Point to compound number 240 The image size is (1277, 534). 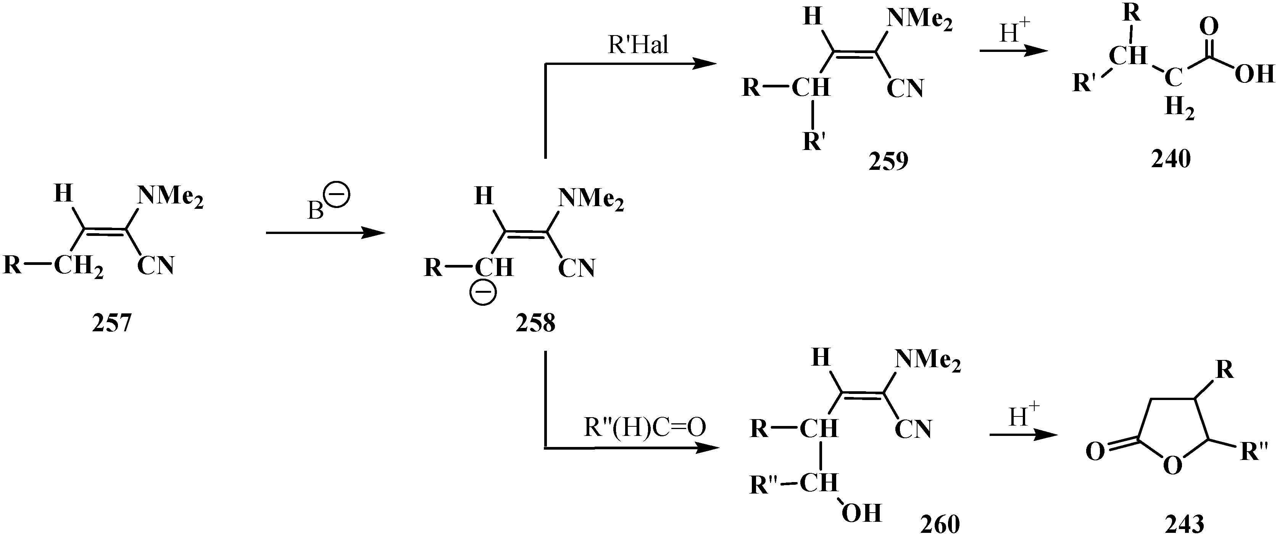(1171, 159)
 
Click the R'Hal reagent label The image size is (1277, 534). (638, 45)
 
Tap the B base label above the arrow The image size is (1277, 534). (316, 211)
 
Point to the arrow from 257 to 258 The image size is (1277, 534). (325, 232)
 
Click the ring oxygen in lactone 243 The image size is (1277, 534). (1172, 466)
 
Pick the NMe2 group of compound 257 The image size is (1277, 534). (170, 196)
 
